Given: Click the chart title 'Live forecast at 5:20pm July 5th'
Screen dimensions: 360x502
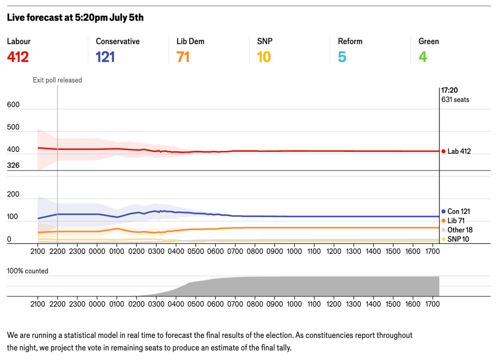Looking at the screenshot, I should [75, 18].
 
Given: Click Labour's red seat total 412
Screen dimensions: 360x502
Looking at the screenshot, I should [18, 57].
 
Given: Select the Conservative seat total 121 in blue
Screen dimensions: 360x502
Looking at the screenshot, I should [105, 57].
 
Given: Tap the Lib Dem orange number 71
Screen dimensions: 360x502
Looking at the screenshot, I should [183, 57].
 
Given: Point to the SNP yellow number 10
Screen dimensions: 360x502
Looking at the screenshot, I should [264, 57].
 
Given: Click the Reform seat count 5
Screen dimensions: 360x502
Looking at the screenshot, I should [342, 57].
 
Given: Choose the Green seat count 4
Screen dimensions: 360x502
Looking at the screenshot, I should [423, 57].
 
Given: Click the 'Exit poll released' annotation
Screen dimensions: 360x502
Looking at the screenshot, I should [57, 80].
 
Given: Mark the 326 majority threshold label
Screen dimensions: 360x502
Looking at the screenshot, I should [13, 166].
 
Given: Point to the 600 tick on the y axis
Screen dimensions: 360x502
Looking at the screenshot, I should [13, 105].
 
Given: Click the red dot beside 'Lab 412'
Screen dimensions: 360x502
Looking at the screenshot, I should [443, 151].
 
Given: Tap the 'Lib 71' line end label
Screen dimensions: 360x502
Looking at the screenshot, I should [456, 221].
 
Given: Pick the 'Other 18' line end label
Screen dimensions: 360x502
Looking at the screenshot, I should [460, 230].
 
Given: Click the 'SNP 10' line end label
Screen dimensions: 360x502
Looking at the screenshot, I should [458, 239].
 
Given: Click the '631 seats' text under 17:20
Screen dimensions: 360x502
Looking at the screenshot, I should [455, 99].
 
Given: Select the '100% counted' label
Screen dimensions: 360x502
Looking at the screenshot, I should [27, 271].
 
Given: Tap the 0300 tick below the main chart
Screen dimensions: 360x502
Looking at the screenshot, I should [156, 251].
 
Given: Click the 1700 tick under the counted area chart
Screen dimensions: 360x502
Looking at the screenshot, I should [432, 304].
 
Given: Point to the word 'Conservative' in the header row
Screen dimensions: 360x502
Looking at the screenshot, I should [118, 42].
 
